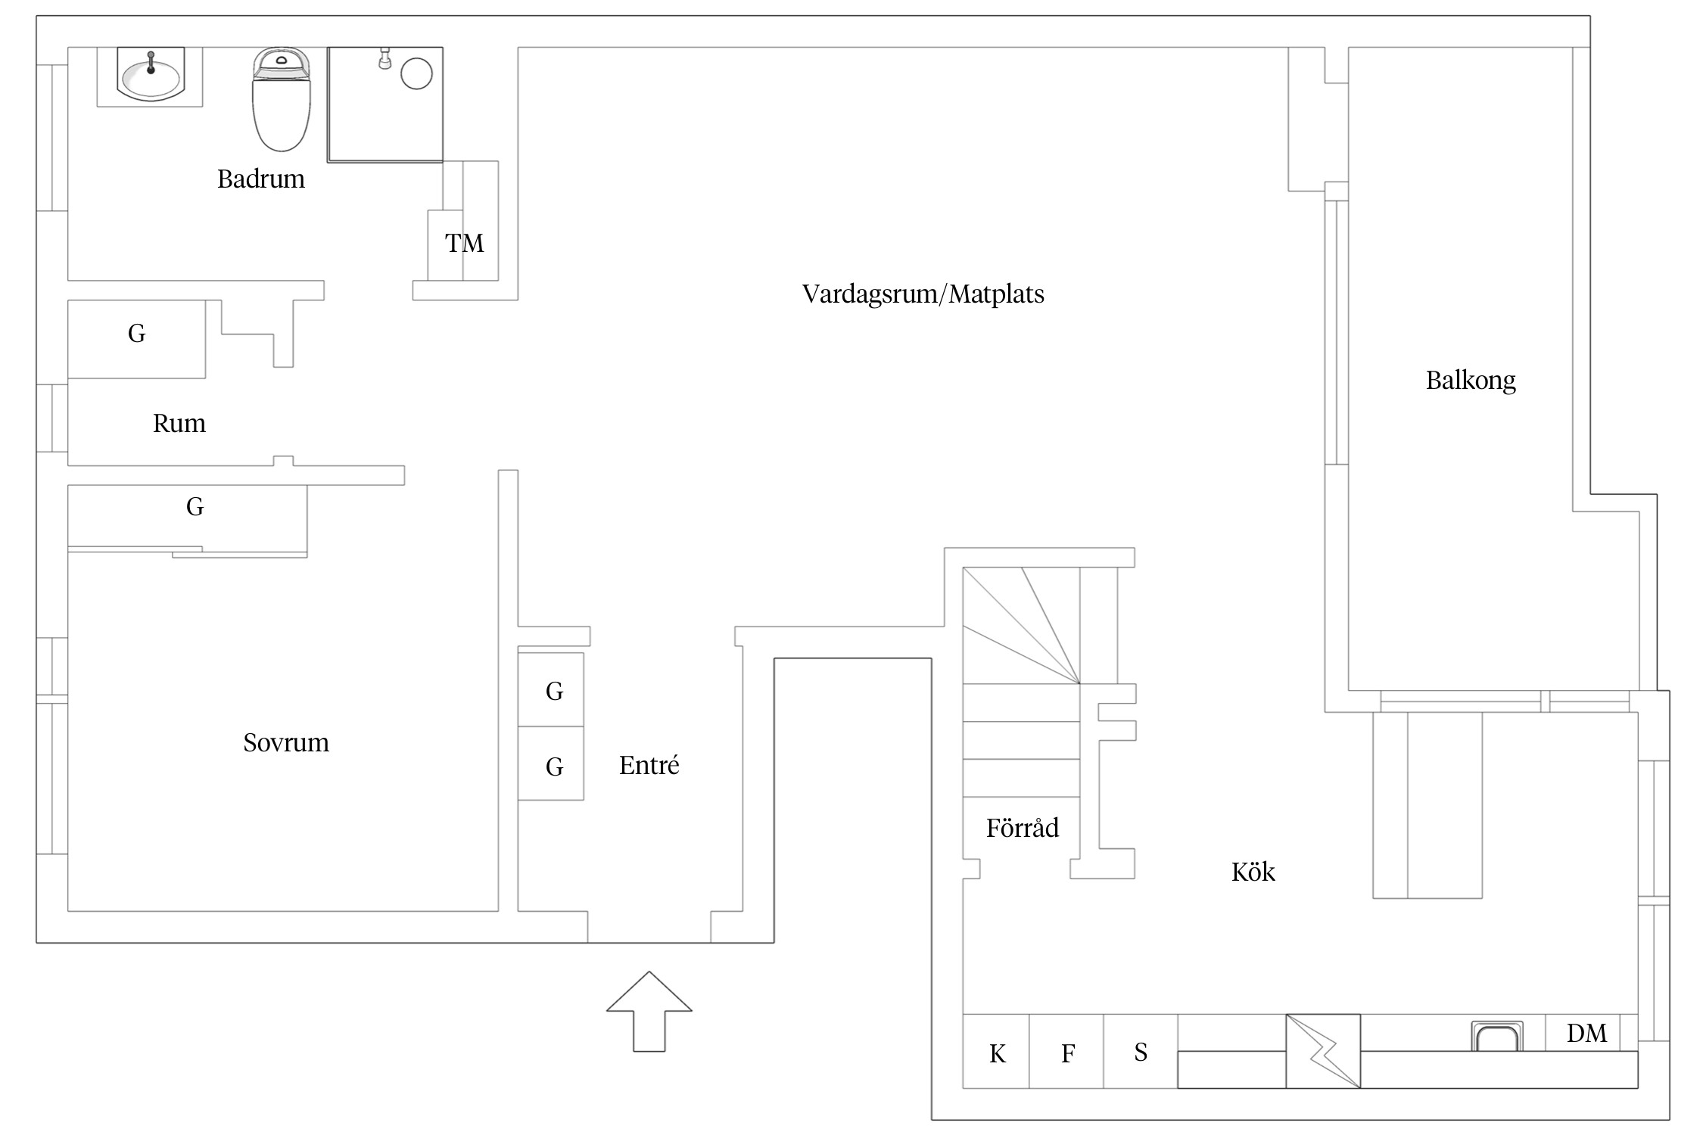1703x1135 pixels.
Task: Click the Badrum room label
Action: (261, 179)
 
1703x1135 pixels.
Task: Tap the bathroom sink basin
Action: (151, 76)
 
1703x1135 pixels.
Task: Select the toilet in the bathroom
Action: (281, 98)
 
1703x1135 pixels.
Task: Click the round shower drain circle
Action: (416, 74)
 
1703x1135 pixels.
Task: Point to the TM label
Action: (464, 244)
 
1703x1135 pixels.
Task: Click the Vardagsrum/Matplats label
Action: (923, 294)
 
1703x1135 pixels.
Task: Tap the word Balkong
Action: (1471, 380)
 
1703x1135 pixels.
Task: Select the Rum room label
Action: (179, 424)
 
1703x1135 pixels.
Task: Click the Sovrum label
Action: (286, 743)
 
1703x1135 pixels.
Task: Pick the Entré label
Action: (649, 765)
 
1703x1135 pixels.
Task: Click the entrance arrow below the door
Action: (649, 1012)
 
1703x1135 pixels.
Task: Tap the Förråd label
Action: (1023, 828)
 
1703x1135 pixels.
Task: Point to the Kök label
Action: (1253, 872)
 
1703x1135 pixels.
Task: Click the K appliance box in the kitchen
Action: (996, 1051)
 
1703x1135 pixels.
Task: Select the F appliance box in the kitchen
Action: (1066, 1051)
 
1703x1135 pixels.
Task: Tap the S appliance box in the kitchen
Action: (1141, 1051)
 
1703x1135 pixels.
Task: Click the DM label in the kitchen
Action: (1586, 1034)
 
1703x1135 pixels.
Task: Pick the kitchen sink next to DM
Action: (1496, 1036)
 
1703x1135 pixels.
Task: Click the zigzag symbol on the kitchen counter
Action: (1323, 1051)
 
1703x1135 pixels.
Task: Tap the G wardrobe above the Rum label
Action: (137, 339)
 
